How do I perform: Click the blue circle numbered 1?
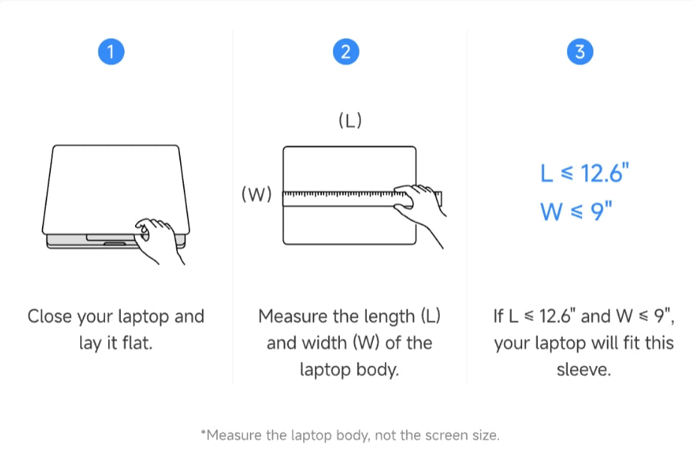pyautogui.click(x=111, y=52)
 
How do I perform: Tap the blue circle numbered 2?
pyautogui.click(x=346, y=52)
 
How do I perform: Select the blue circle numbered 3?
pyautogui.click(x=580, y=52)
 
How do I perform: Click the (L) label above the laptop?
pyautogui.click(x=350, y=120)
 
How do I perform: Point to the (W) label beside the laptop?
pyautogui.click(x=257, y=194)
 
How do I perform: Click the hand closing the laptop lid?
pyautogui.click(x=157, y=239)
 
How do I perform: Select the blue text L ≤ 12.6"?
pyautogui.click(x=584, y=173)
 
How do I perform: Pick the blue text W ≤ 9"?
pyautogui.click(x=575, y=211)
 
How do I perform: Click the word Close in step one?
pyautogui.click(x=50, y=317)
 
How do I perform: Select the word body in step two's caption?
pyautogui.click(x=377, y=370)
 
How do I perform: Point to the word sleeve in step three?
pyautogui.click(x=584, y=369)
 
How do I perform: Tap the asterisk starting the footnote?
pyautogui.click(x=203, y=432)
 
